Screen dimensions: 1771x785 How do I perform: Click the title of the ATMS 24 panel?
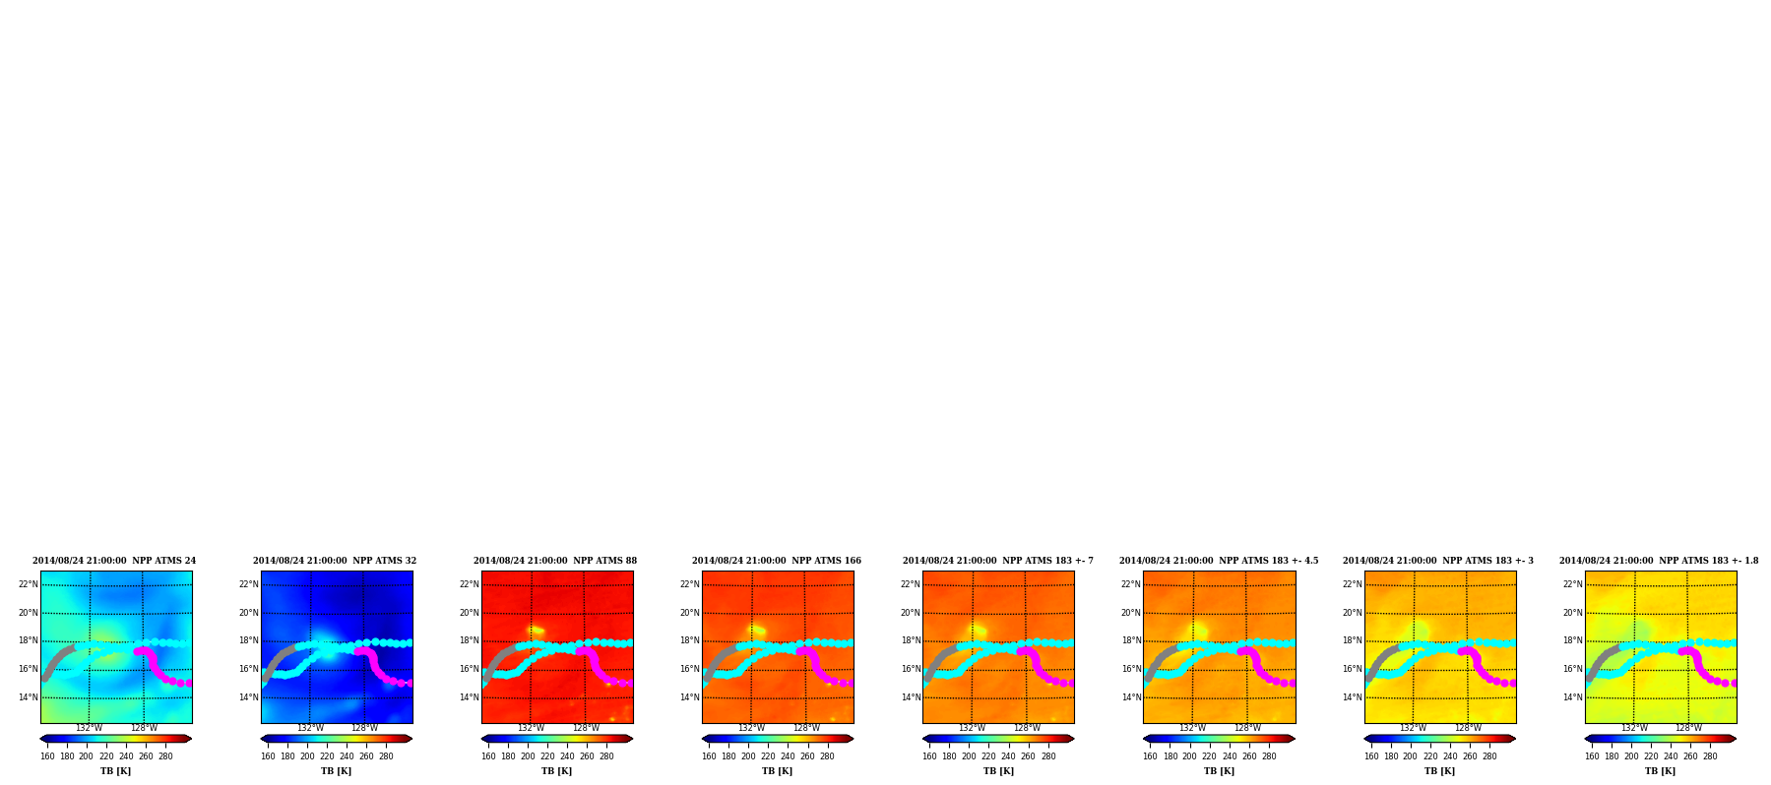point(114,561)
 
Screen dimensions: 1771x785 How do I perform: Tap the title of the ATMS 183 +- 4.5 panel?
point(1219,561)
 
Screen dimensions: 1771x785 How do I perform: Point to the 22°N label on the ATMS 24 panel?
point(28,584)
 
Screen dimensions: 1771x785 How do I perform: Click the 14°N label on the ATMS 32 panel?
point(248,697)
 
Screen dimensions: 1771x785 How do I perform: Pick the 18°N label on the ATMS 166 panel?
point(689,640)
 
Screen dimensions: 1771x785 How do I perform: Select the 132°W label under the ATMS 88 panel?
point(531,729)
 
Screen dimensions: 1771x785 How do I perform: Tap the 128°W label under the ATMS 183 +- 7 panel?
point(1027,729)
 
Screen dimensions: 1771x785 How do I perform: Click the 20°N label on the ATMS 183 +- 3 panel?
point(1352,613)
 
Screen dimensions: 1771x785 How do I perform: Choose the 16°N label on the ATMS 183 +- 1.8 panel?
point(1572,669)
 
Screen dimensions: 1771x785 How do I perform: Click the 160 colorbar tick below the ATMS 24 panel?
point(47,756)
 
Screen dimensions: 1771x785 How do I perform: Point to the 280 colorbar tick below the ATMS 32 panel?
point(386,756)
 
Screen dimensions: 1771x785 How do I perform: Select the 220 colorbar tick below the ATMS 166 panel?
point(768,756)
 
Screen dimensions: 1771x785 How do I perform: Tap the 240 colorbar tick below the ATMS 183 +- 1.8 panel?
point(1671,756)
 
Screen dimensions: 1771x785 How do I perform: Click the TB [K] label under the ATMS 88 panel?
point(556,771)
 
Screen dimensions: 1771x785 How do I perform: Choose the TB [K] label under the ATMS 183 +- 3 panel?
point(1439,771)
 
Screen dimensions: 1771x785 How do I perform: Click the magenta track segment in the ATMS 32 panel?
point(373,664)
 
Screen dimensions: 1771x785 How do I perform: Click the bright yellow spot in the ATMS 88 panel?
point(536,631)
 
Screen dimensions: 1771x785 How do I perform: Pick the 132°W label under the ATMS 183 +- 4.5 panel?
point(1192,729)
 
